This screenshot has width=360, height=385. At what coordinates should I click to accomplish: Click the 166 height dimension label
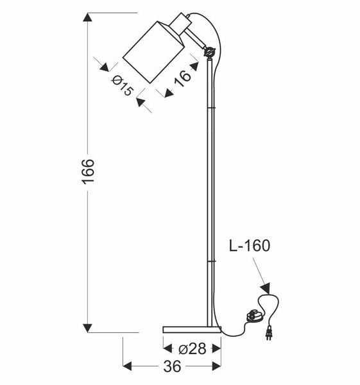coord(89,172)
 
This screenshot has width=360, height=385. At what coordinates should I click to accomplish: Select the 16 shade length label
coord(183,77)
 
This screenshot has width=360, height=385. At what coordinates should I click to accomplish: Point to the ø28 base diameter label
coord(193,349)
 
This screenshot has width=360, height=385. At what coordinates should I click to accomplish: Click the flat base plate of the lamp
coord(192,329)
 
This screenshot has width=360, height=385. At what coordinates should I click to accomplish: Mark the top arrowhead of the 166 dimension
coord(89,17)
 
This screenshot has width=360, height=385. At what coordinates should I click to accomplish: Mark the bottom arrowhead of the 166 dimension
coord(89,327)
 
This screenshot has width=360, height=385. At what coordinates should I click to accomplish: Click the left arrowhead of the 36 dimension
coord(127,366)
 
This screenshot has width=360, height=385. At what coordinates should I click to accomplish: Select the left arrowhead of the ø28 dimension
coord(167,349)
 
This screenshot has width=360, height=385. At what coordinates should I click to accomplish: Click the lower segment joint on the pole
coord(209,262)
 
